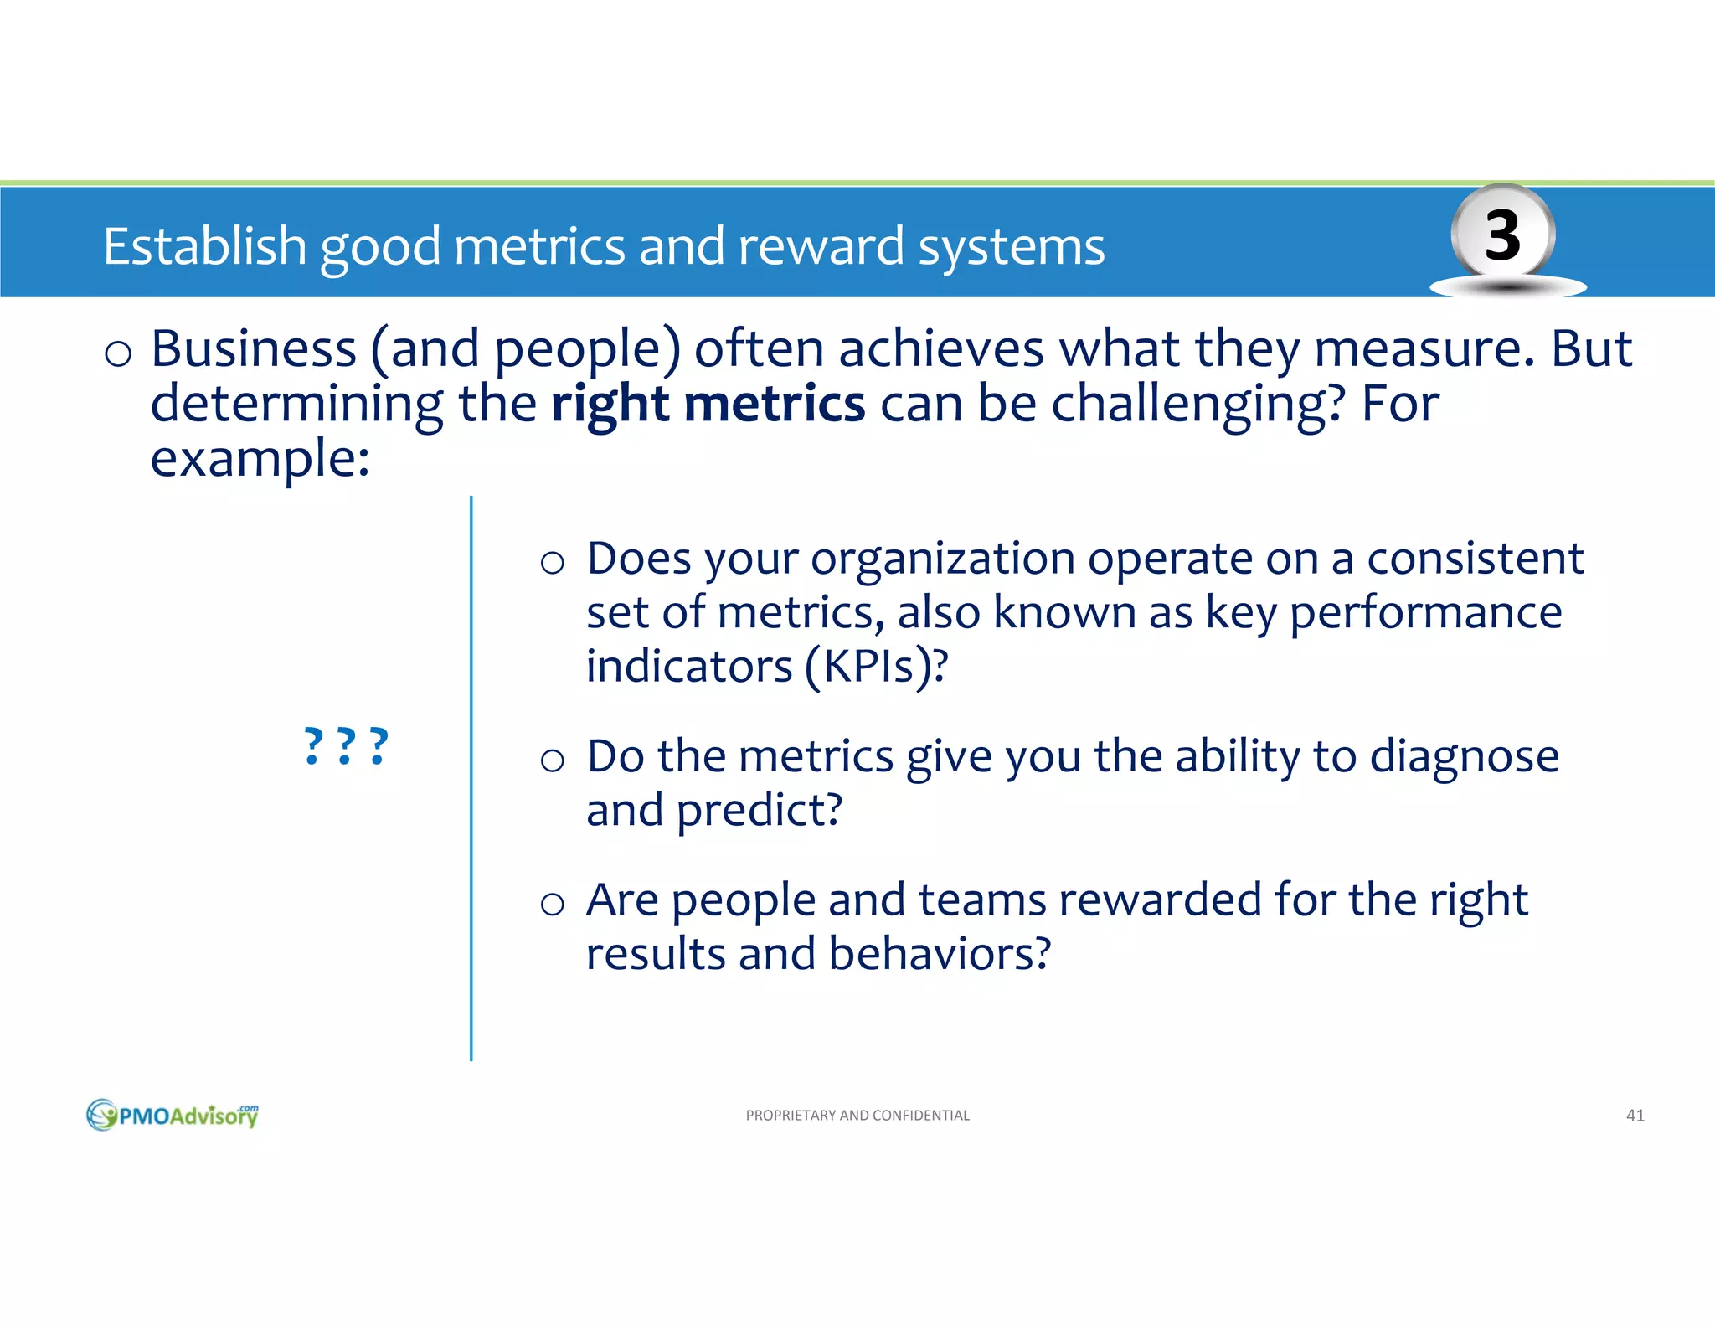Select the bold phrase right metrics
pyautogui.click(x=708, y=404)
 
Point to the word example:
pyautogui.click(x=260, y=459)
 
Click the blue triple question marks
pyautogui.click(x=346, y=745)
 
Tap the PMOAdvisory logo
pyautogui.click(x=173, y=1115)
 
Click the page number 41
pyautogui.click(x=1635, y=1115)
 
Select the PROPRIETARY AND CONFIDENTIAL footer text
pyautogui.click(x=857, y=1115)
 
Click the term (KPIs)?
pyautogui.click(x=876, y=667)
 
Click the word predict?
pyautogui.click(x=759, y=810)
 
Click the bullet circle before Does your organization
pyautogui.click(x=552, y=563)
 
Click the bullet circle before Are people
pyautogui.click(x=552, y=904)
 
